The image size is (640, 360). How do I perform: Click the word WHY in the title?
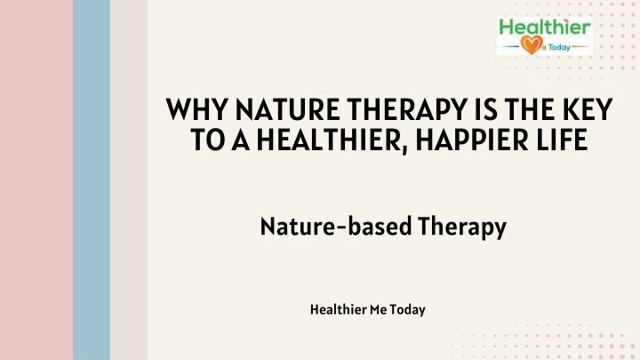(x=196, y=109)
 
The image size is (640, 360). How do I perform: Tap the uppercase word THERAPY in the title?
(x=407, y=109)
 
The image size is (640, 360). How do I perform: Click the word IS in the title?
(x=485, y=109)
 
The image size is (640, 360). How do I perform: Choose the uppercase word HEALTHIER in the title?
(x=330, y=140)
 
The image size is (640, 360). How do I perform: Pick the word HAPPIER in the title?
(x=472, y=140)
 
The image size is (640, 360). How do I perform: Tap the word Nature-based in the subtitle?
(x=335, y=226)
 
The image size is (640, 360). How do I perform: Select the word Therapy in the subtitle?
(x=462, y=228)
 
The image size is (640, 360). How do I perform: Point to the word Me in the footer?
(x=378, y=310)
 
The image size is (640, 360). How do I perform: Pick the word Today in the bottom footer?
(x=408, y=310)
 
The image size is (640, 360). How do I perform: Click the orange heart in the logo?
(x=532, y=44)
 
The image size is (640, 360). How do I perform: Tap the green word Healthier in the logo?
(x=545, y=27)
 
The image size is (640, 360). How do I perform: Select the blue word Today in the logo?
(x=559, y=47)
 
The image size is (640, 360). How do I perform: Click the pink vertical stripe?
(x=36, y=180)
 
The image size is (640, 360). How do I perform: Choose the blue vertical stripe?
(x=92, y=180)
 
